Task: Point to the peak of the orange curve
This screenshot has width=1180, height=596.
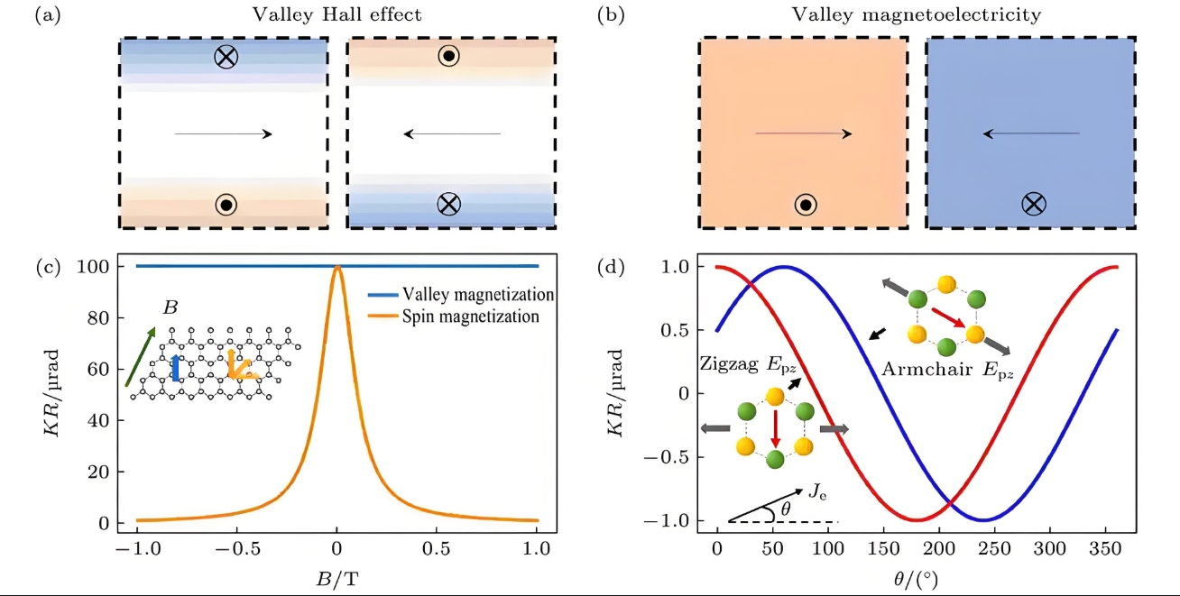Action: click(337, 267)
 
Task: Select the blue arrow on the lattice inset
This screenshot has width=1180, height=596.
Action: click(176, 368)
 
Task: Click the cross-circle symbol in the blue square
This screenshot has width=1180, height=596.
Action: click(1033, 205)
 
